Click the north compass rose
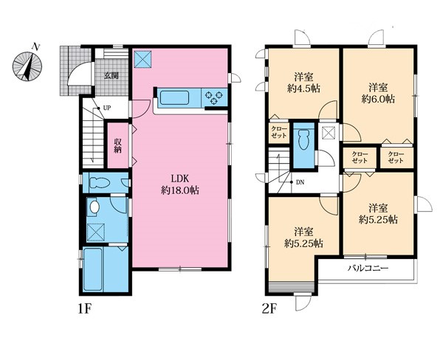27,66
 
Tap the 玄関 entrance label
111,76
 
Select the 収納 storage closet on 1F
118,145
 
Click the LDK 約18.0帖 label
180,184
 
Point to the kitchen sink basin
174,97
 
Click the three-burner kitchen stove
214,97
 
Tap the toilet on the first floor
99,183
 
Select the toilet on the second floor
303,139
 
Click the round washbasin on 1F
94,207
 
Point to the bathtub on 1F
93,269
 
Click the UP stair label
107,108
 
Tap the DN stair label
300,182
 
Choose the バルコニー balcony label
368,268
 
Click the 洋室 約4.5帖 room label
303,83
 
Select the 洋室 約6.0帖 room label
378,93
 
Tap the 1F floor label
84,309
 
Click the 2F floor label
269,309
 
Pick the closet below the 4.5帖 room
279,132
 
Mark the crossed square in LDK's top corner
143,59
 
